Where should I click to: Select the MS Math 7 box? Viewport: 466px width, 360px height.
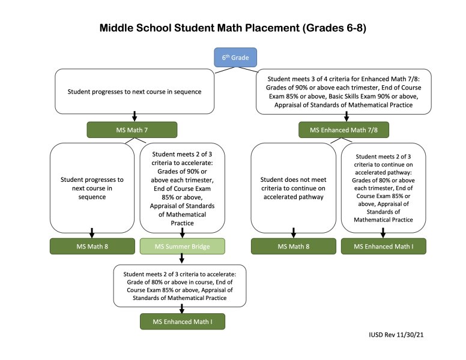[132, 130]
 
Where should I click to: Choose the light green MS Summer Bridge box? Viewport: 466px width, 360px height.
[182, 246]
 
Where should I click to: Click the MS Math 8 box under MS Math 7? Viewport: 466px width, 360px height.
[91, 246]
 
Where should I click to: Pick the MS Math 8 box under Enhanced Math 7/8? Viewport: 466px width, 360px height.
[292, 246]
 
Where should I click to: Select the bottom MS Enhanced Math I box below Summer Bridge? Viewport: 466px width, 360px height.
[182, 322]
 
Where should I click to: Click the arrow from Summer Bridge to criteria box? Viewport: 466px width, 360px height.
[181, 259]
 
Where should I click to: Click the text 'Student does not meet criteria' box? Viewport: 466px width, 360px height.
[292, 187]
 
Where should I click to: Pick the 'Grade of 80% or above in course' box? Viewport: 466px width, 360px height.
[181, 285]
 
